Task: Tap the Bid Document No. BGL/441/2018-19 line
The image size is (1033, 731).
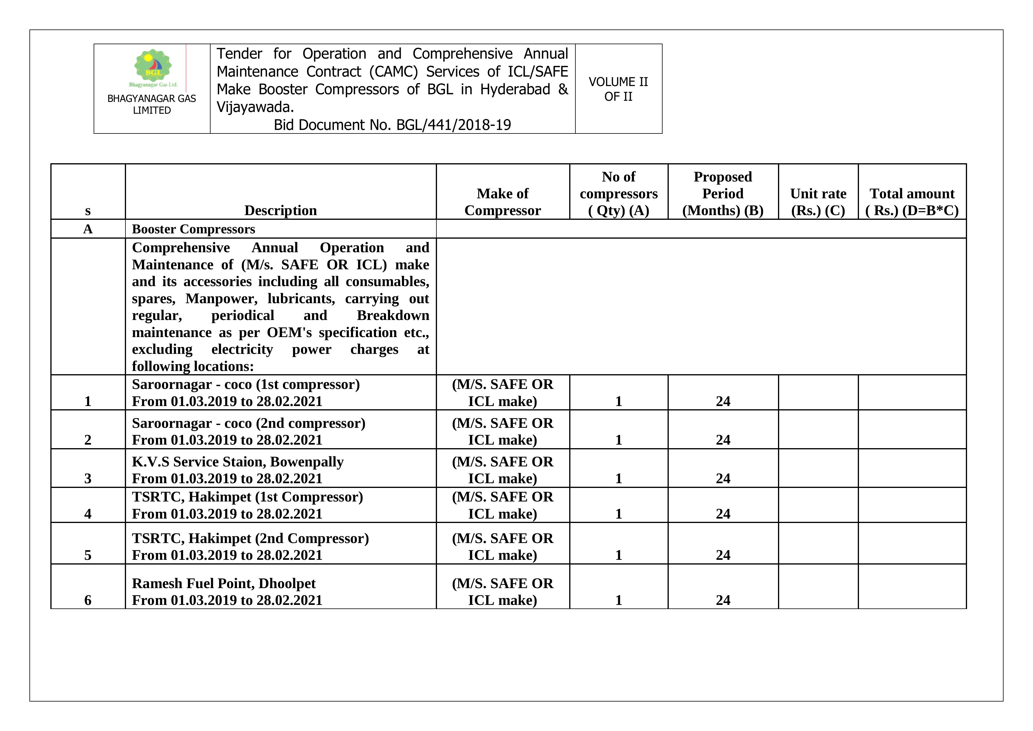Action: coord(392,125)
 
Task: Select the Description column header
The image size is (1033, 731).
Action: coord(280,210)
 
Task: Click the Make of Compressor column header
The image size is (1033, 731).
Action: coord(503,202)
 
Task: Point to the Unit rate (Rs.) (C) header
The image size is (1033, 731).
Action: coord(818,202)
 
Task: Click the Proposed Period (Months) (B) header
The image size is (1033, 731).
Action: coord(723,194)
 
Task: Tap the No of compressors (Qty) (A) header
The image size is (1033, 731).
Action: coord(619,194)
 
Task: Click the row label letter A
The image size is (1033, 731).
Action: coord(88,229)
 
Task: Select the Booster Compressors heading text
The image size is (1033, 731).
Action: coord(193,229)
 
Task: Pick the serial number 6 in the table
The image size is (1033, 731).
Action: coord(88,600)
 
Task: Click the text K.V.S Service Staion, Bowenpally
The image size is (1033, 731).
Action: coord(238,462)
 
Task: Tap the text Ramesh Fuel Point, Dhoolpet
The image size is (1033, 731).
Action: coord(224,583)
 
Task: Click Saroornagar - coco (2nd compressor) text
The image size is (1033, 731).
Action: coord(248,423)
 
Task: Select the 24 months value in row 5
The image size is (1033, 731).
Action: coord(723,555)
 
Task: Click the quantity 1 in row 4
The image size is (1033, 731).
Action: coord(619,514)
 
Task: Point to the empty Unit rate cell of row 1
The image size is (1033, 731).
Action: coord(818,392)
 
